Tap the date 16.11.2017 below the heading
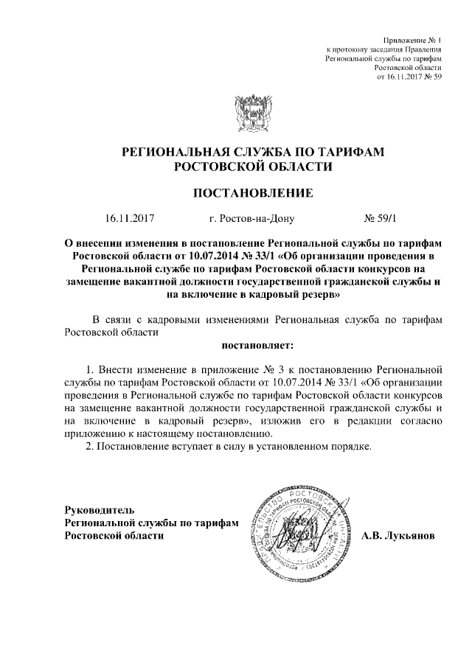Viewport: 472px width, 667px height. pyautogui.click(x=133, y=218)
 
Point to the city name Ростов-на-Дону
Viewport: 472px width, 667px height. pyautogui.click(x=251, y=218)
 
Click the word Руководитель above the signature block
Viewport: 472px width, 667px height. pyautogui.click(x=99, y=509)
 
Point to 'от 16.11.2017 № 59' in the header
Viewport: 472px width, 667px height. pyautogui.click(x=409, y=76)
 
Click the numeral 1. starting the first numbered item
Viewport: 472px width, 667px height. pyautogui.click(x=91, y=366)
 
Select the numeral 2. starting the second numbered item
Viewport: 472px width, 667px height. pyautogui.click(x=91, y=447)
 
